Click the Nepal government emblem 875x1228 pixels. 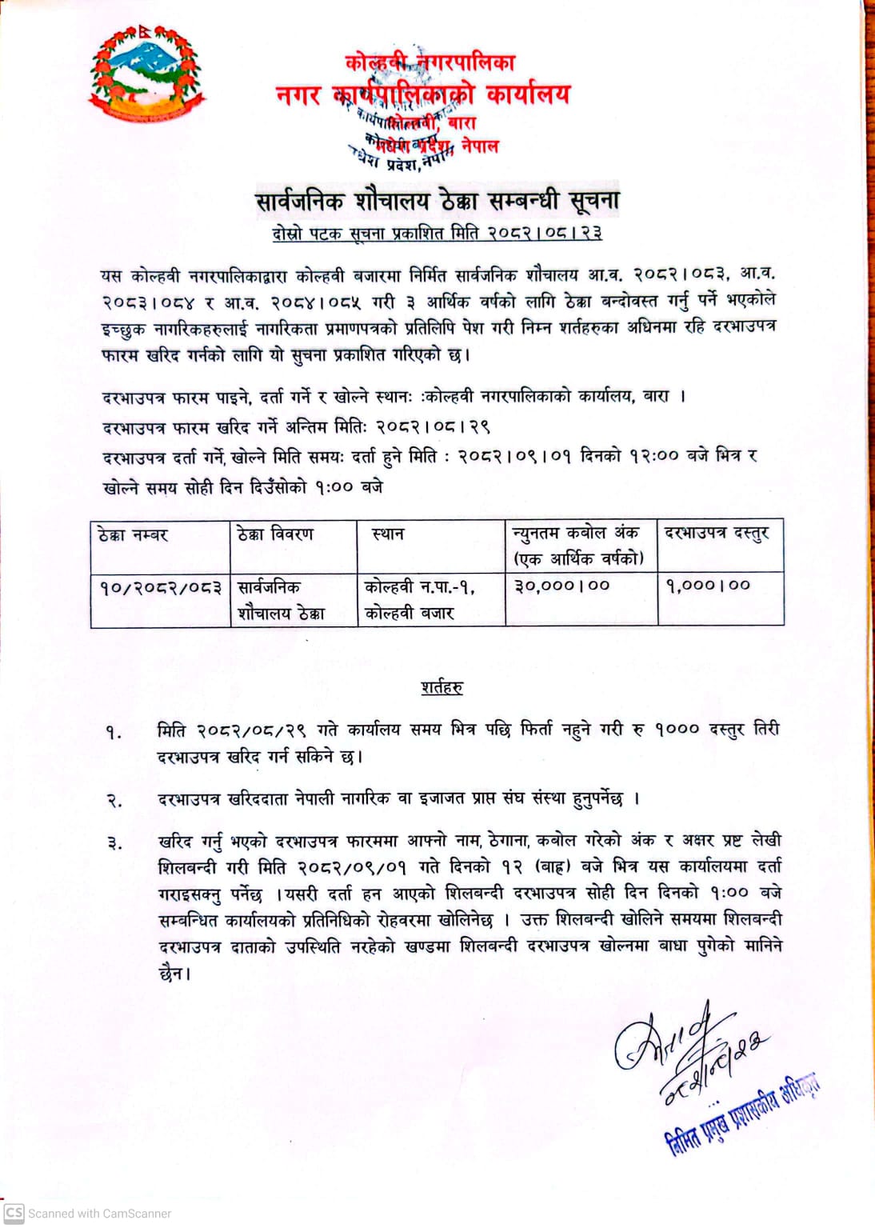point(146,75)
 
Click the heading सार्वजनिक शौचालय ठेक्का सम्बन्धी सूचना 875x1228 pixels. point(437,201)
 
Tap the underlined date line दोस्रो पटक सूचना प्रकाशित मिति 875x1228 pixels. point(437,233)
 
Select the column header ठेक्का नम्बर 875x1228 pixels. point(134,534)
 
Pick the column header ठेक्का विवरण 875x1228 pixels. point(275,534)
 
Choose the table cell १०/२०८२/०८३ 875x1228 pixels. point(160,587)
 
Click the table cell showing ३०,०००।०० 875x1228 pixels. point(561,586)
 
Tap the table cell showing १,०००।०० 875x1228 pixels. point(708,586)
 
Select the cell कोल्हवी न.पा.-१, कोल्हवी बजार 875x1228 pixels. point(420,599)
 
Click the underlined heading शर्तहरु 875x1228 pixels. point(441,687)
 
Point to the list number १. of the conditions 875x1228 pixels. point(114,732)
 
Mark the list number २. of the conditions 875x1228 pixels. point(114,800)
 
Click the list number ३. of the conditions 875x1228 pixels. point(114,842)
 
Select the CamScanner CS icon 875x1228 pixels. point(14,1213)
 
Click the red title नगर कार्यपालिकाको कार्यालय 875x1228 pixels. point(423,94)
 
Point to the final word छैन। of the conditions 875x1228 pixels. point(175,974)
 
